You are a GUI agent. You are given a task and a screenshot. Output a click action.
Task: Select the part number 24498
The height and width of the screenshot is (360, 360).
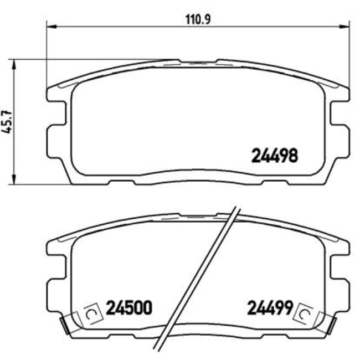tap(275, 156)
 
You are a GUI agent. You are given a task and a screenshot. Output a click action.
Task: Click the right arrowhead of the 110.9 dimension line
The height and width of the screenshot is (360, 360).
tap(346, 25)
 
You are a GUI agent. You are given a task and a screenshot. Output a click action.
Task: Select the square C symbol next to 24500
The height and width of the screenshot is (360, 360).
tap(91, 315)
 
